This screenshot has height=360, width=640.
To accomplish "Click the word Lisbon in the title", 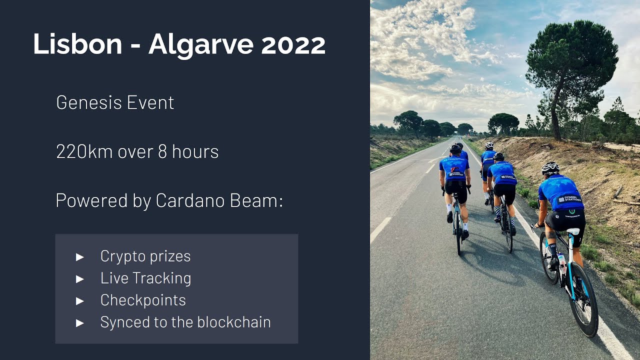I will pos(77,44).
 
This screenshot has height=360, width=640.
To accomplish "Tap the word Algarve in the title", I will pos(201,45).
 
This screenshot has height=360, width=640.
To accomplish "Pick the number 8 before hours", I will pos(162,151).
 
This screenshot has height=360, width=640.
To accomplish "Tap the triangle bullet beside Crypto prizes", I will pos(80,256).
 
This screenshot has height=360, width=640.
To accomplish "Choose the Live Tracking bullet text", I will pos(145,278).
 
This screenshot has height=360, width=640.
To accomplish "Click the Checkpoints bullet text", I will pos(143,300).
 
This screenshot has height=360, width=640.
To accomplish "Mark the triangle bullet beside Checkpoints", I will pos(80,300).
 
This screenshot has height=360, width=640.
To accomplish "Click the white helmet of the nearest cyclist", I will pos(550,167).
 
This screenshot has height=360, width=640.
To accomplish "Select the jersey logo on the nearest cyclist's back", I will pos(568,199).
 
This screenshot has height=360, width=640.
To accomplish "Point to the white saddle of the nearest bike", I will pos(573,232).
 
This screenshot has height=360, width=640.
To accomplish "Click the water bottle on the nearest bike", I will pos(562,262).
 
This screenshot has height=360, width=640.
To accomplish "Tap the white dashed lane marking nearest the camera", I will pos(380,229).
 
